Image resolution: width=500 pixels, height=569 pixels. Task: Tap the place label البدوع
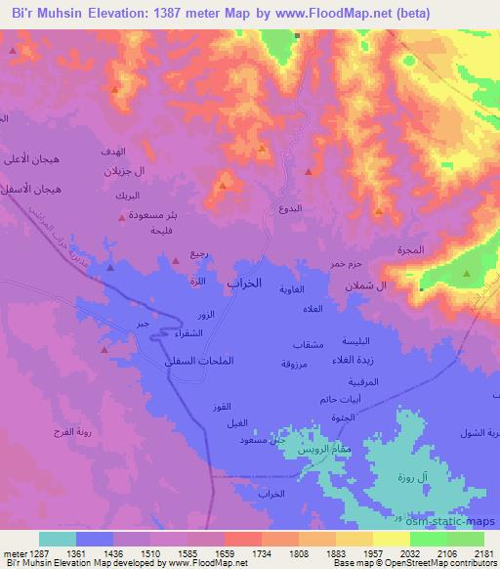point(290,209)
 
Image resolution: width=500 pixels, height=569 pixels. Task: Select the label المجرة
point(411,250)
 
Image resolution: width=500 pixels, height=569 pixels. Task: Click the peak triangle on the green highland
point(466,274)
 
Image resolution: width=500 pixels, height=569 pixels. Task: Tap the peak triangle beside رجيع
point(176,261)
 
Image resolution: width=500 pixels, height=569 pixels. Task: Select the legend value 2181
point(483,553)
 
